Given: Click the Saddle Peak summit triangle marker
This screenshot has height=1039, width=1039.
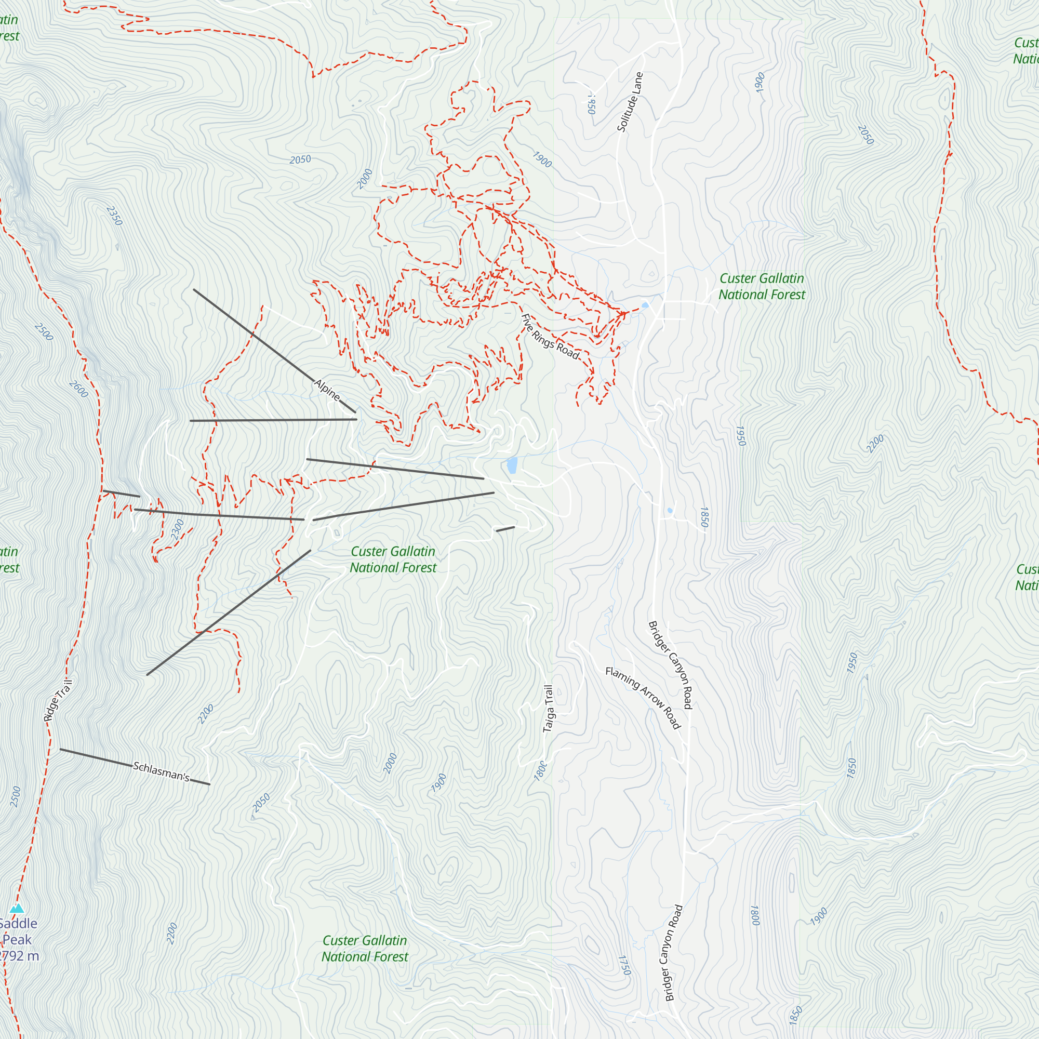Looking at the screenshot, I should [x=17, y=908].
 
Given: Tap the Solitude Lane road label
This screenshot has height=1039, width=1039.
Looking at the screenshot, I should [x=630, y=102].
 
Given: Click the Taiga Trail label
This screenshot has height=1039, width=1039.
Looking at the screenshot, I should [x=548, y=708].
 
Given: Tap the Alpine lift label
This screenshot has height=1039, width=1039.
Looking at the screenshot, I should [x=327, y=390].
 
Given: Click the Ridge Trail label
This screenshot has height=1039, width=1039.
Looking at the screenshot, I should [x=58, y=700].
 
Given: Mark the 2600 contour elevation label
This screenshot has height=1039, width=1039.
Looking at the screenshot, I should [x=78, y=389].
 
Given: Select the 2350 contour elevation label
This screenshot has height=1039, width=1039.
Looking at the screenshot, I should [x=114, y=216].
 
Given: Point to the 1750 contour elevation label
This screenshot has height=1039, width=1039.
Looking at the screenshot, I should [x=624, y=965].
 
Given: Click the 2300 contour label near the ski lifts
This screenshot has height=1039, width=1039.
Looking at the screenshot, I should [x=178, y=530].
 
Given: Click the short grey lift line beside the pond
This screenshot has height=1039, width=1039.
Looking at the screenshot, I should [x=505, y=529].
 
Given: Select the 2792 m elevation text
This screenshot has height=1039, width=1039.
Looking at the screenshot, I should [x=19, y=956].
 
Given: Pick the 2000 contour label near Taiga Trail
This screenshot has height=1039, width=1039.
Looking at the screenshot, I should [x=390, y=763].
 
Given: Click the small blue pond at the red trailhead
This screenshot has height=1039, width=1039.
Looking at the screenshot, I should [x=645, y=305].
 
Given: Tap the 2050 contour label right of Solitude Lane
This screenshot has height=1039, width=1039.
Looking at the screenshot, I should [x=865, y=135].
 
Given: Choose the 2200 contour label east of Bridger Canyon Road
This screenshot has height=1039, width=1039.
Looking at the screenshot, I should [x=875, y=444].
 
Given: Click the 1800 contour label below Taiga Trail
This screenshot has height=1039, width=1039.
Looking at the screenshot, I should [x=541, y=770].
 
